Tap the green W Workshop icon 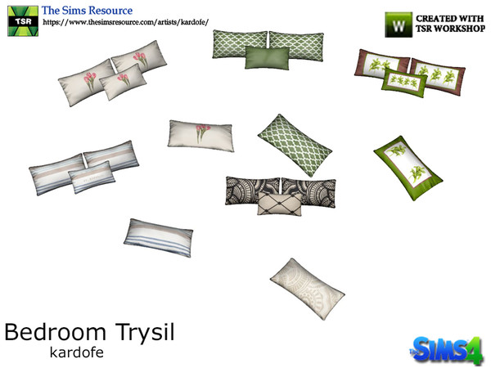click(399, 24)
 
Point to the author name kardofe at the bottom click(73, 354)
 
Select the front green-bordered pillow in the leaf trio click(402, 80)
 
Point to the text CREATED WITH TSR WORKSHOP click(448, 23)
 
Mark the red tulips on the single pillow click(201, 129)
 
